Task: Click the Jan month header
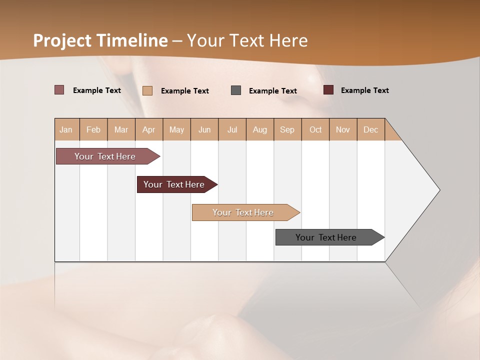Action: coord(66,130)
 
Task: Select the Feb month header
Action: coord(93,130)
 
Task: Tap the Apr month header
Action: coord(149,130)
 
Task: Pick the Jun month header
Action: coord(204,130)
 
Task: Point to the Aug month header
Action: coord(260,130)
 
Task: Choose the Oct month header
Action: coord(315,130)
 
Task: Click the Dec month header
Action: coord(371,130)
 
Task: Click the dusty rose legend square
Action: coord(59,90)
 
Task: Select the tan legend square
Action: coord(147,90)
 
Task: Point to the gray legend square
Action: coord(236,90)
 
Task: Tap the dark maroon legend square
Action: coord(328,90)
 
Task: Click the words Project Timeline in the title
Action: coord(100,40)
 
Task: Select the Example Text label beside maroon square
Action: coord(364,90)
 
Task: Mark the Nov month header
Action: coord(343,130)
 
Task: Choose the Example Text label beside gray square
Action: coord(273,91)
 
